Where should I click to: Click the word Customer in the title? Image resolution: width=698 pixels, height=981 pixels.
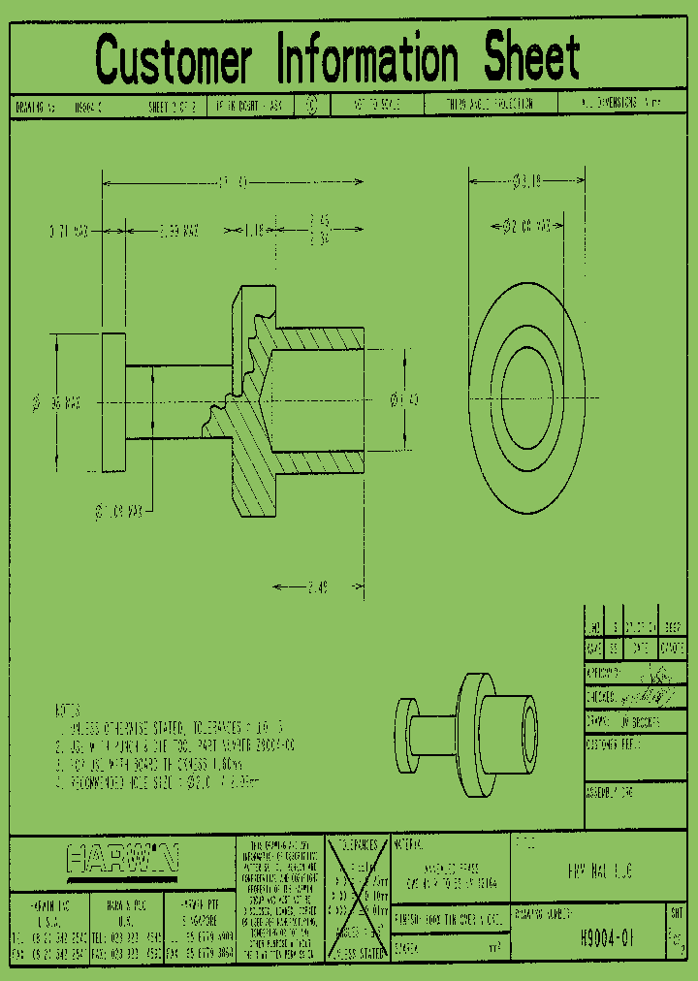[x=174, y=60]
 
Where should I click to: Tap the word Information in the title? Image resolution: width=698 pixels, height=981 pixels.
[x=367, y=60]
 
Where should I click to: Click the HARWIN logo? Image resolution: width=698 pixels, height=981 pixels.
[x=122, y=859]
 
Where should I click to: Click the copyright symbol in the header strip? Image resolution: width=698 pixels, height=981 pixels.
[x=310, y=106]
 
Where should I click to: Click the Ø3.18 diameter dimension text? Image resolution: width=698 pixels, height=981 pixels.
[x=526, y=180]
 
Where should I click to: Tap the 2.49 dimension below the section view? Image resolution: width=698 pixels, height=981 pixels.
[x=318, y=587]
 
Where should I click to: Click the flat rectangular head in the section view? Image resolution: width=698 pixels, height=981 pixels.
[x=113, y=401]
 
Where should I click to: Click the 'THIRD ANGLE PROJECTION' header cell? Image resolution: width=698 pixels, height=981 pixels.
[x=501, y=106]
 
